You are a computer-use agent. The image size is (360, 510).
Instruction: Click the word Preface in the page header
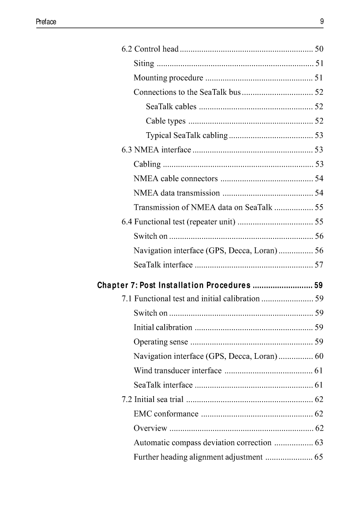pos(46,22)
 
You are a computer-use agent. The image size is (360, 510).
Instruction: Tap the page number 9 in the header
pos(322,21)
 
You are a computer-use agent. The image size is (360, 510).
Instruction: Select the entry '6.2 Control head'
pos(150,49)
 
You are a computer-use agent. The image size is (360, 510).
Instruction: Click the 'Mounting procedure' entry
pos(168,78)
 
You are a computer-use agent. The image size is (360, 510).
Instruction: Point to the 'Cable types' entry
pos(165,121)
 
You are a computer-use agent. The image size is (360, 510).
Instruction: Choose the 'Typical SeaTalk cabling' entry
pos(187,135)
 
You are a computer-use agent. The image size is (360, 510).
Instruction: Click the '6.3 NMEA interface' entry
pos(156,150)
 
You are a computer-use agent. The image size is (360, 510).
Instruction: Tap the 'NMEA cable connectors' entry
pos(176,179)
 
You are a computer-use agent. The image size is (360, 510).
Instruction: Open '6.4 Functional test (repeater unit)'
pos(178,221)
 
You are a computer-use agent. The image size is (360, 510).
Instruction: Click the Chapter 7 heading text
pos(174,285)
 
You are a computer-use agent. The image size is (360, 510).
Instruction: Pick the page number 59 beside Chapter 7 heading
pos(319,285)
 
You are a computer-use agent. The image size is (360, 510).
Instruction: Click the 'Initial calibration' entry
pos(163,328)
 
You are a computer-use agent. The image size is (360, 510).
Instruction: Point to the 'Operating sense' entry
pos(161,342)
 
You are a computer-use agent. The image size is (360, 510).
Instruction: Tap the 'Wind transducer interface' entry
pos(177,371)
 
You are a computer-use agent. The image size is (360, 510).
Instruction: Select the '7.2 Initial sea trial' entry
pos(152,400)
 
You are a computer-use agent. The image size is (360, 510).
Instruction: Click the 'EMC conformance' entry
pos(166,414)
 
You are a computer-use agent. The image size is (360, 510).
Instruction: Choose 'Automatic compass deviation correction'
pos(202,443)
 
